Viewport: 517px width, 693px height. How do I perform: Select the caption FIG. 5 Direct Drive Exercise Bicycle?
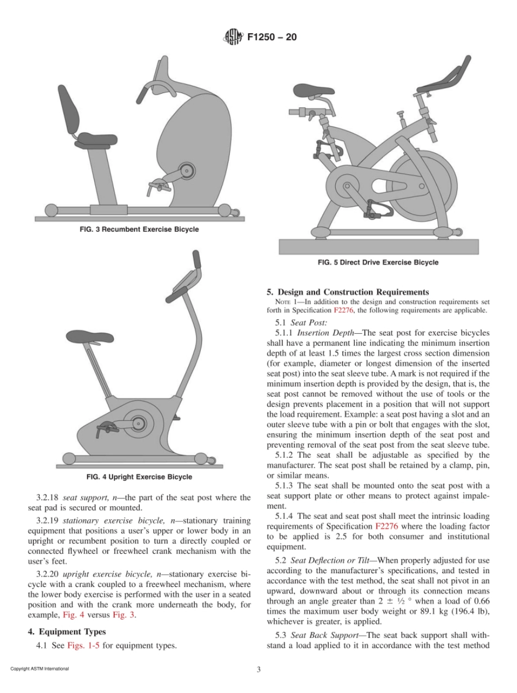click(x=378, y=262)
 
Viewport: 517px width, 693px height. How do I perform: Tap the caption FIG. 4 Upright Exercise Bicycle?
click(x=139, y=477)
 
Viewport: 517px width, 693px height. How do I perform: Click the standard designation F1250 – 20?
click(x=272, y=38)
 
